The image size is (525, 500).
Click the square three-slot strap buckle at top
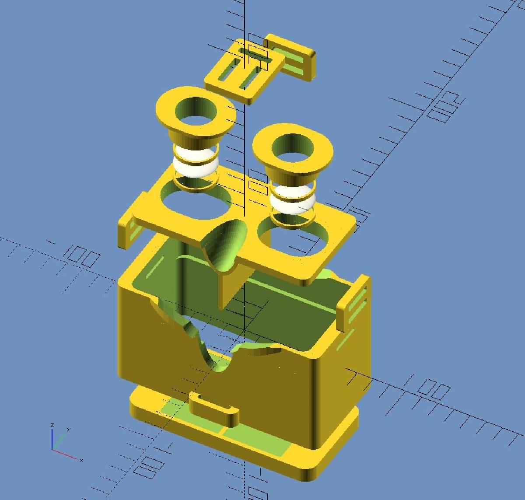(243, 70)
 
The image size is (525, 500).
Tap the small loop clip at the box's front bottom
(214, 409)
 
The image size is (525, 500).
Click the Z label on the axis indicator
(52, 425)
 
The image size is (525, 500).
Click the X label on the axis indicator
(82, 460)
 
